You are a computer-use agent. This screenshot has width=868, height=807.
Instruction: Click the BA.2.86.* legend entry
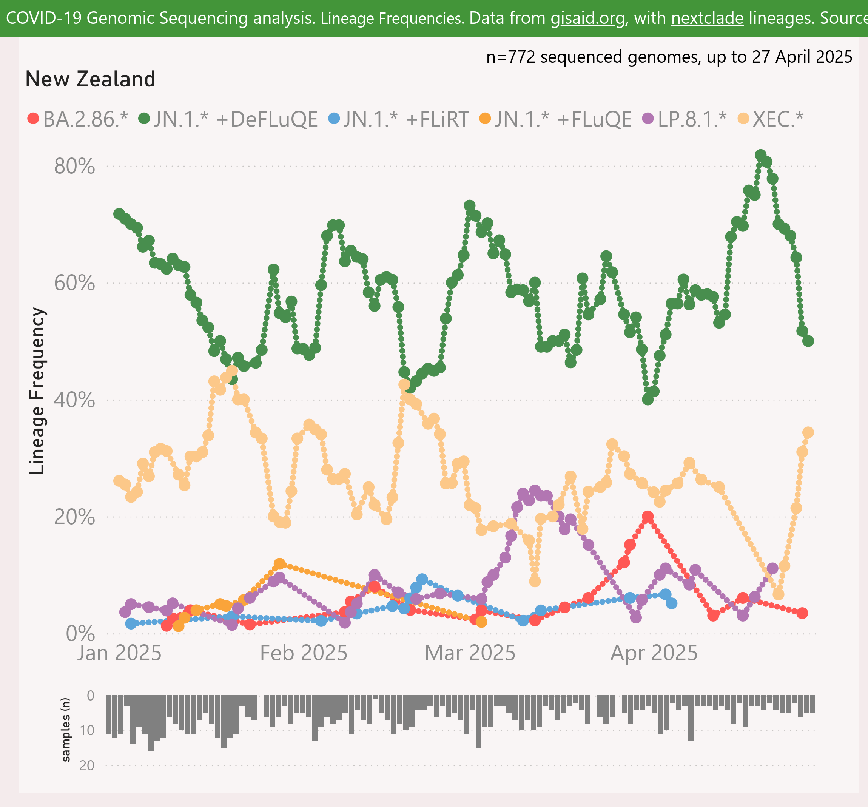pos(79,119)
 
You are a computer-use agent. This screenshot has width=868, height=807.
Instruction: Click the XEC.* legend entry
pos(771,119)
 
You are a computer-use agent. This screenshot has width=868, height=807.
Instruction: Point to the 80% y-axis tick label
pos(74,167)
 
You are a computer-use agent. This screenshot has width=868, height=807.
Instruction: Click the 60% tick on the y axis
pos(74,283)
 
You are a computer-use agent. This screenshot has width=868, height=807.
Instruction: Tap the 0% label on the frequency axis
pos(80,634)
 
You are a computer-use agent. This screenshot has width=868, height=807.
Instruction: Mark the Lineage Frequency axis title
pos(37,391)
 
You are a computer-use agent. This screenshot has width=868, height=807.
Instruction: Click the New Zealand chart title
pos(90,79)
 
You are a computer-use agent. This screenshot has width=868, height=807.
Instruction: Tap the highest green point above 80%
pos(761,155)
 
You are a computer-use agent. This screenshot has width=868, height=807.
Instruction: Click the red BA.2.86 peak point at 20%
pos(648,517)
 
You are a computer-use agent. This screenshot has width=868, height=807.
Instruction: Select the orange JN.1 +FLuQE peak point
pos(279,564)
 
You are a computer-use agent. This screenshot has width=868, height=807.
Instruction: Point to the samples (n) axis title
pos(66,730)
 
